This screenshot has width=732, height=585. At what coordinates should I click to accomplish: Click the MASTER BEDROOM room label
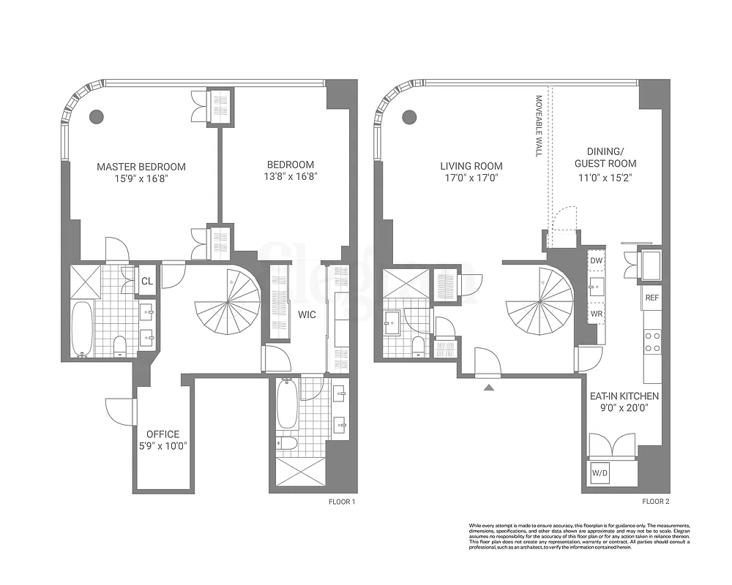pyautogui.click(x=141, y=167)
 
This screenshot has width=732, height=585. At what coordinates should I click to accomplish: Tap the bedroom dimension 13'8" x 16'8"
pyautogui.click(x=291, y=177)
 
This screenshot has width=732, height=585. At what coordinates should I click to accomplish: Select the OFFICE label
pyautogui.click(x=163, y=434)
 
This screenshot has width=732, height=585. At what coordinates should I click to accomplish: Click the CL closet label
pyautogui.click(x=147, y=281)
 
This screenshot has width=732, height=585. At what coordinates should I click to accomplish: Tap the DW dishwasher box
pyautogui.click(x=596, y=260)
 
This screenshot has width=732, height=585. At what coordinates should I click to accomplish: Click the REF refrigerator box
pyautogui.click(x=651, y=298)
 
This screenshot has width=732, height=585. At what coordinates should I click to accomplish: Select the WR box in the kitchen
pyautogui.click(x=596, y=313)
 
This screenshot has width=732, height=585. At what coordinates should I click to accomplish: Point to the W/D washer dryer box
pyautogui.click(x=600, y=473)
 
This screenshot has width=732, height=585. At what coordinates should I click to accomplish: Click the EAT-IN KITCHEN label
pyautogui.click(x=624, y=396)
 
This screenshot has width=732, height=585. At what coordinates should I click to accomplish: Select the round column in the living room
pyautogui.click(x=409, y=116)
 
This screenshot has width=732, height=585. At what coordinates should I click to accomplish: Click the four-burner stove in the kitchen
pyautogui.click(x=651, y=342)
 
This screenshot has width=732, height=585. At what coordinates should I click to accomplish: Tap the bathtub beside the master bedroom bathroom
pyautogui.click(x=82, y=328)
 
